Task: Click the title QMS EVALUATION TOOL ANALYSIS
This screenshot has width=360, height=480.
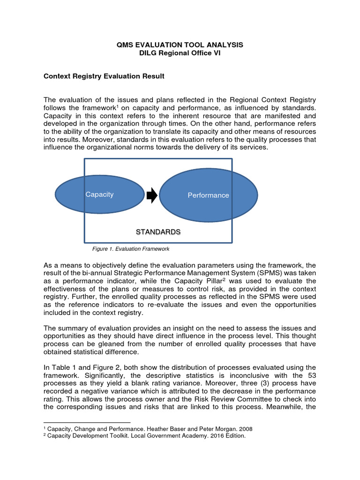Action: coord(180,45)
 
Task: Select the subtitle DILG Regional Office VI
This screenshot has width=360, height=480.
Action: coord(180,53)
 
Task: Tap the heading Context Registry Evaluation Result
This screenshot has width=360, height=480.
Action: coord(104,76)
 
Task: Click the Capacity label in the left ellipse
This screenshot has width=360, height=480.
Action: coord(99,195)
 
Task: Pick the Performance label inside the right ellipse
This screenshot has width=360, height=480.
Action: coord(208,195)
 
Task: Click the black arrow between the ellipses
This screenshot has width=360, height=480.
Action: coord(152,195)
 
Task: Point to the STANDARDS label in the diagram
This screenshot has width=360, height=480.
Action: coord(158,232)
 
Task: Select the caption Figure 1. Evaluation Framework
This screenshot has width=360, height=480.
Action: coord(127,249)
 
